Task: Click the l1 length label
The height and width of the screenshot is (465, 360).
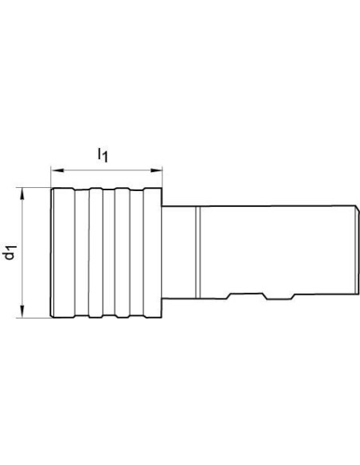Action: [x=103, y=155]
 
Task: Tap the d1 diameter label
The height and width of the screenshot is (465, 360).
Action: [x=10, y=252]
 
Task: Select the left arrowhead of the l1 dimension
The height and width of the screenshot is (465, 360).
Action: [x=57, y=170]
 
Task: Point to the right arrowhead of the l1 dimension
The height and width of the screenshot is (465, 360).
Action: [x=156, y=170]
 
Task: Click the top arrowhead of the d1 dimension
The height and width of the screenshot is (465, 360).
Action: [x=22, y=194]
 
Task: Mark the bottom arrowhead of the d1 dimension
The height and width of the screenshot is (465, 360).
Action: [x=22, y=311]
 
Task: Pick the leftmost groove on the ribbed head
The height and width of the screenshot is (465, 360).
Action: [x=81, y=253]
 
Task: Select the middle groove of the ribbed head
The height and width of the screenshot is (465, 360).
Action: [x=109, y=253]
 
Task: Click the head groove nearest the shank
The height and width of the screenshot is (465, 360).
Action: [x=137, y=253]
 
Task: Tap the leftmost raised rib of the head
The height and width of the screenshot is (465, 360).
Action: [x=63, y=253]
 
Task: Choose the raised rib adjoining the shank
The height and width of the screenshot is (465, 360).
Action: [x=153, y=253]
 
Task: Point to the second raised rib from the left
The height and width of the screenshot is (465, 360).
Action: [x=96, y=253]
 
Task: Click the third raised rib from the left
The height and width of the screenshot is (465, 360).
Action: [x=123, y=253]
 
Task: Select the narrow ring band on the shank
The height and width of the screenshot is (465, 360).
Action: [x=198, y=252]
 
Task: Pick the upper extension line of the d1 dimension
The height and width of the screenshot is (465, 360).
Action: [x=33, y=187]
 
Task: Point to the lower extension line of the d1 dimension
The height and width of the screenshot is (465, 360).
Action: [x=33, y=318]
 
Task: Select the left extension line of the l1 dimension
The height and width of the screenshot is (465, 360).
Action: [x=51, y=178]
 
